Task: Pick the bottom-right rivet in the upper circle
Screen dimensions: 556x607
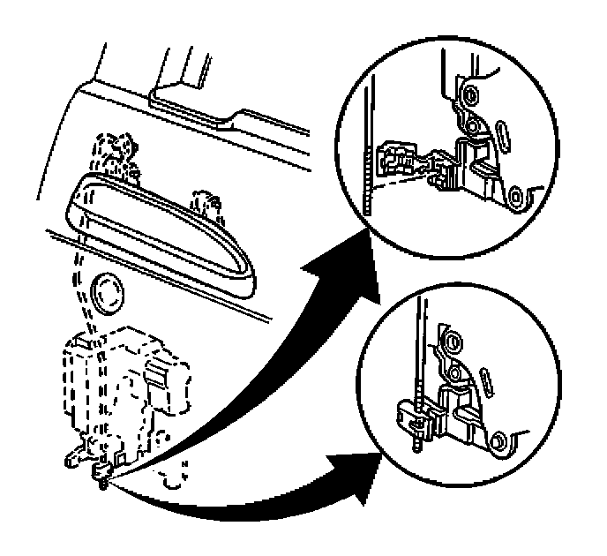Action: (516, 196)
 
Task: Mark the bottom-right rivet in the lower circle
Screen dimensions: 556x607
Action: (500, 438)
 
